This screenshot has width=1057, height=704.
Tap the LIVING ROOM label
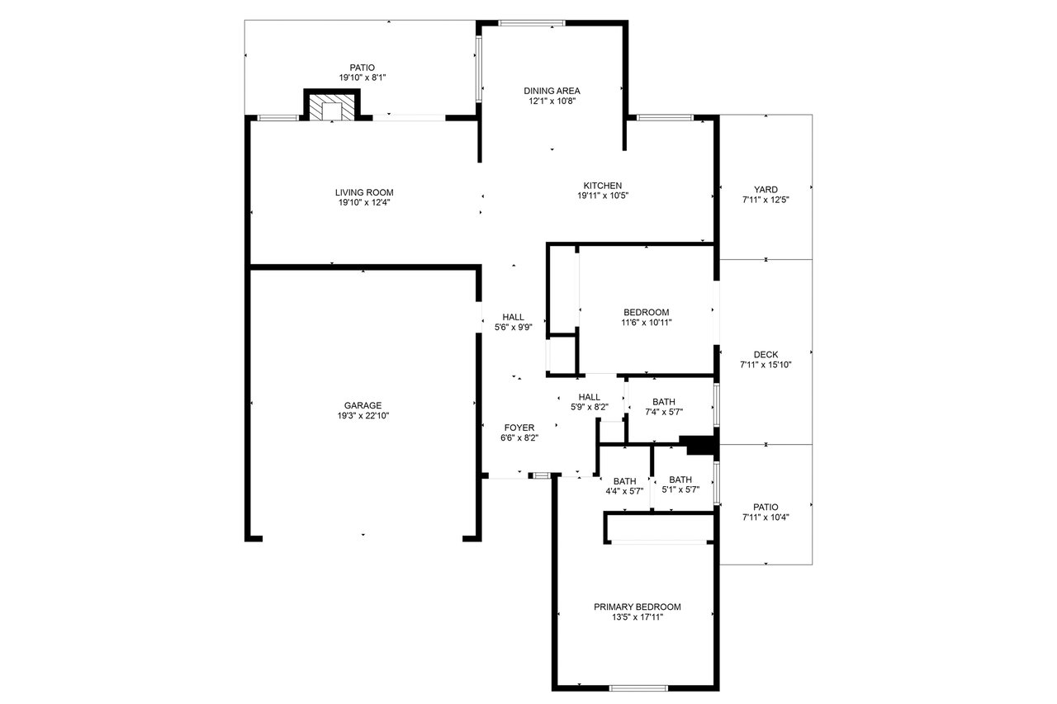click(364, 192)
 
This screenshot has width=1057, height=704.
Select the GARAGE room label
click(363, 405)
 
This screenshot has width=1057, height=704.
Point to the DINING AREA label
click(552, 91)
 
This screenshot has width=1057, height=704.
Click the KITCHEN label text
click(603, 186)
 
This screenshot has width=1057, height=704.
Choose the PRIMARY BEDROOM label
click(638, 607)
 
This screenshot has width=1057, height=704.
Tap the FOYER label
click(519, 428)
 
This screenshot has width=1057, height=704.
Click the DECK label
click(765, 355)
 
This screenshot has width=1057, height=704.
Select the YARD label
click(765, 190)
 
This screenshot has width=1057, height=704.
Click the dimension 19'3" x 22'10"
click(363, 416)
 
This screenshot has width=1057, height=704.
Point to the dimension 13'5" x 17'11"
click(638, 617)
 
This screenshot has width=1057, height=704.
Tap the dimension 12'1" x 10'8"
click(552, 101)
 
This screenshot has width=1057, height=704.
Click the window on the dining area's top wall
click(532, 22)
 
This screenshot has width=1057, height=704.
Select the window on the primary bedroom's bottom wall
click(638, 688)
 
